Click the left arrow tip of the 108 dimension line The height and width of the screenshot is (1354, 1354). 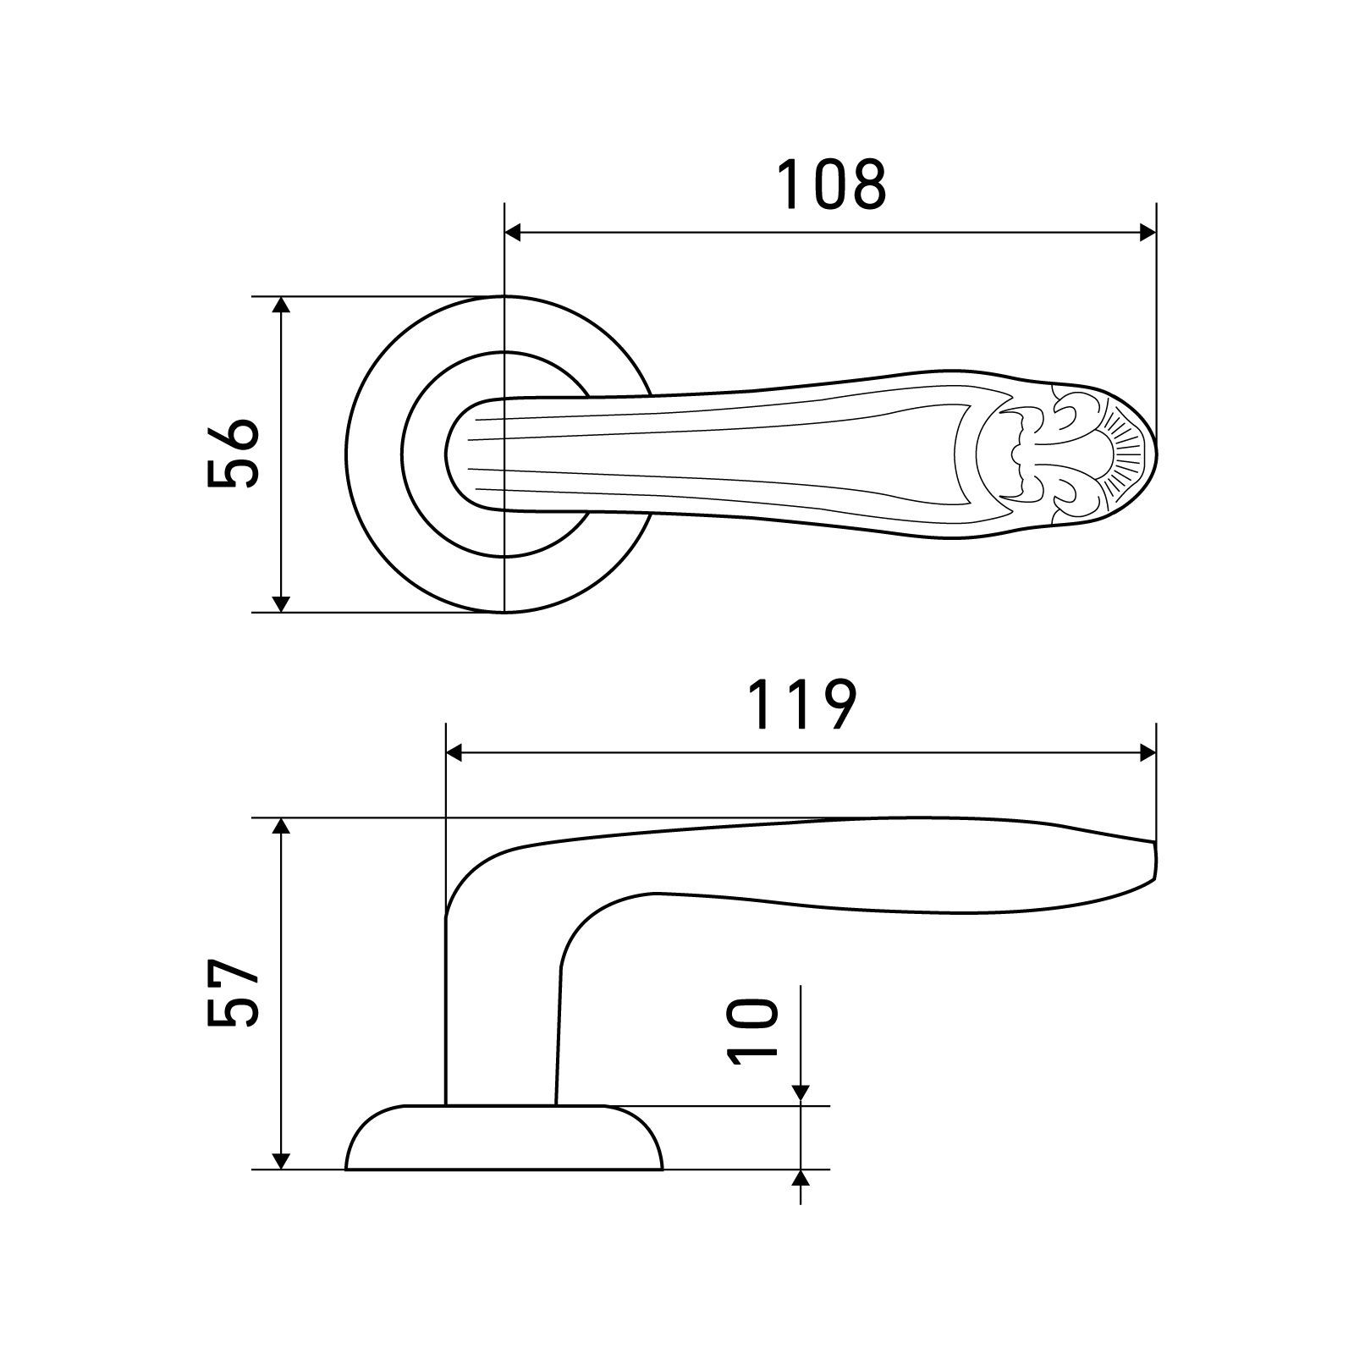[505, 234]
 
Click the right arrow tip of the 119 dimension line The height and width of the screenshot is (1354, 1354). [1155, 752]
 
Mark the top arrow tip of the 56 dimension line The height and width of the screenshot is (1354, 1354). [283, 298]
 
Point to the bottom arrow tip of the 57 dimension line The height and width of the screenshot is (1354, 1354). [283, 1170]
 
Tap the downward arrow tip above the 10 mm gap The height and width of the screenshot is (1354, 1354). [801, 1104]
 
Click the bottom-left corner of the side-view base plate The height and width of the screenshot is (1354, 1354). [346, 1170]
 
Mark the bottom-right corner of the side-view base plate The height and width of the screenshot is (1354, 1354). [663, 1170]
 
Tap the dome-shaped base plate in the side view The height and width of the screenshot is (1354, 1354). [504, 1137]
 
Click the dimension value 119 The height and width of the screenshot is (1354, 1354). [804, 703]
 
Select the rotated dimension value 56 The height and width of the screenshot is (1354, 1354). [231, 454]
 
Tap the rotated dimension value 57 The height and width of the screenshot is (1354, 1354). [231, 993]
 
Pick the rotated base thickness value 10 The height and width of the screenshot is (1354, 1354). [751, 1028]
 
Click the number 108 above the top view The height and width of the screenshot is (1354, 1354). [832, 184]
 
